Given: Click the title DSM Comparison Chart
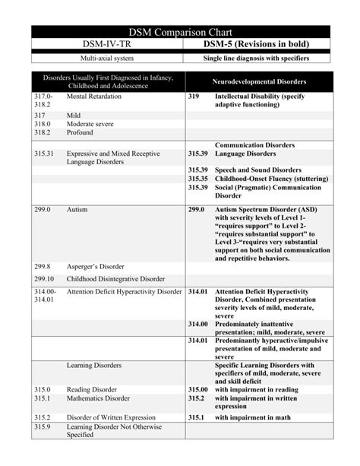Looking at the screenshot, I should [x=181, y=31].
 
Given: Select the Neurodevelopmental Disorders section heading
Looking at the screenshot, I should [x=259, y=81].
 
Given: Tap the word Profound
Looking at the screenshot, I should [x=81, y=132].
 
